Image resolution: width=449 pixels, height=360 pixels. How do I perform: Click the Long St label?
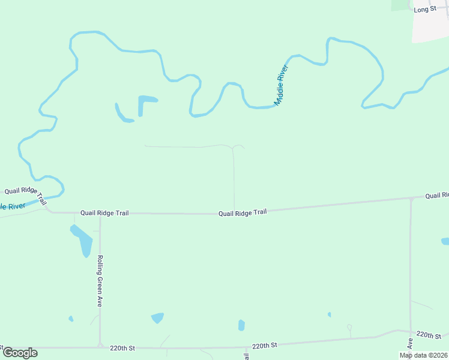pyautogui.click(x=424, y=9)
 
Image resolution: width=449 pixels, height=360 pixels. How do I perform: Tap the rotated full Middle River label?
pyautogui.click(x=282, y=85)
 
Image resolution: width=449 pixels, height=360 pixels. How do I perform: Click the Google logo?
pyautogui.click(x=20, y=353)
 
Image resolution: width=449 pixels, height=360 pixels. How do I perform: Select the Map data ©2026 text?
pyautogui.click(x=424, y=355)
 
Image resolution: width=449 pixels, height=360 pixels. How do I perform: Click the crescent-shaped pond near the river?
pyautogui.click(x=124, y=114)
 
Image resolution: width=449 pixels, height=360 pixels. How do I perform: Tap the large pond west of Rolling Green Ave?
pyautogui.click(x=83, y=239)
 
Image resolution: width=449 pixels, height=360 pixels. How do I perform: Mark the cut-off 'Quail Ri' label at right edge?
pyautogui.click(x=437, y=196)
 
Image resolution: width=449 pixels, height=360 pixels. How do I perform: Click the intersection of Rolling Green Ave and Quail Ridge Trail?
pyautogui.click(x=100, y=214)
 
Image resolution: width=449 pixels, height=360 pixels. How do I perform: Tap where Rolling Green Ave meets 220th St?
pyautogui.click(x=100, y=347)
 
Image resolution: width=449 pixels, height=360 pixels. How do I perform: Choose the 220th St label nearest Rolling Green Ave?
pyautogui.click(x=122, y=347)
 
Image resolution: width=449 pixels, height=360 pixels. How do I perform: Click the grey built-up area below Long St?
pyautogui.click(x=431, y=27)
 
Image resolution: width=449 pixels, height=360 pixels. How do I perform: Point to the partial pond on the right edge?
pyautogui.click(x=445, y=241)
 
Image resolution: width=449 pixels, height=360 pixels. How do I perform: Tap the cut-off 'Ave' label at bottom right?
pyautogui.click(x=411, y=344)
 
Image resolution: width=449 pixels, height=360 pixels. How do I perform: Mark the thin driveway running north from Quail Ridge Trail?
pyautogui.click(x=234, y=180)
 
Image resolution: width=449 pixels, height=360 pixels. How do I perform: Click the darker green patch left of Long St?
pyautogui.click(x=399, y=4)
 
